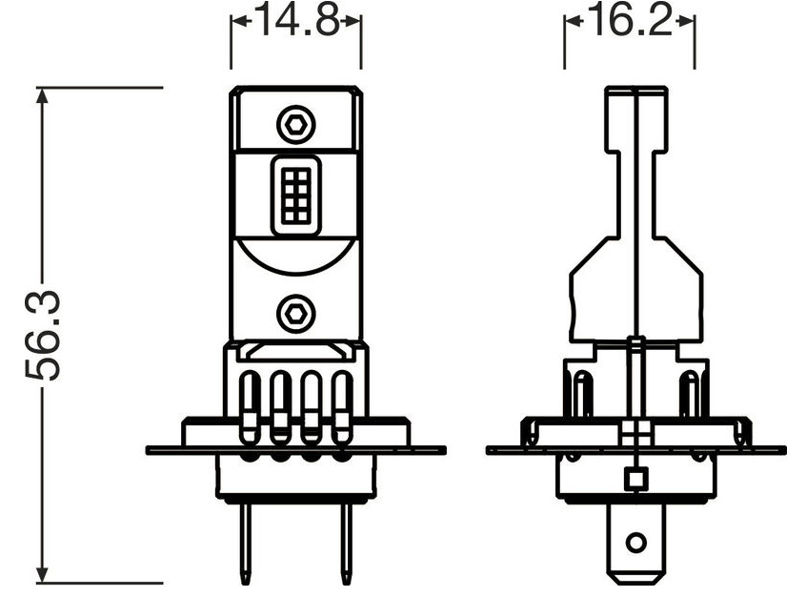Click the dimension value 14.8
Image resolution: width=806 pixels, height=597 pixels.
click(296, 21)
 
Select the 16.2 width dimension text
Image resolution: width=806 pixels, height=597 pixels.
click(629, 21)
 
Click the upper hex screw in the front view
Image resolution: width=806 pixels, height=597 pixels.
click(295, 124)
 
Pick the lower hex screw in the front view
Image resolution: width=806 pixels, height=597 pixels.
click(295, 311)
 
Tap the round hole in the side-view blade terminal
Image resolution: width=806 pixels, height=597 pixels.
click(635, 544)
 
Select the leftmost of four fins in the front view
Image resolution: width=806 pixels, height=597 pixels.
click(250, 405)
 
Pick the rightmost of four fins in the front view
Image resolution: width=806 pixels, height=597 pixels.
click(341, 405)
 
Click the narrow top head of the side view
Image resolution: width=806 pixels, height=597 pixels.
click(635, 114)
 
